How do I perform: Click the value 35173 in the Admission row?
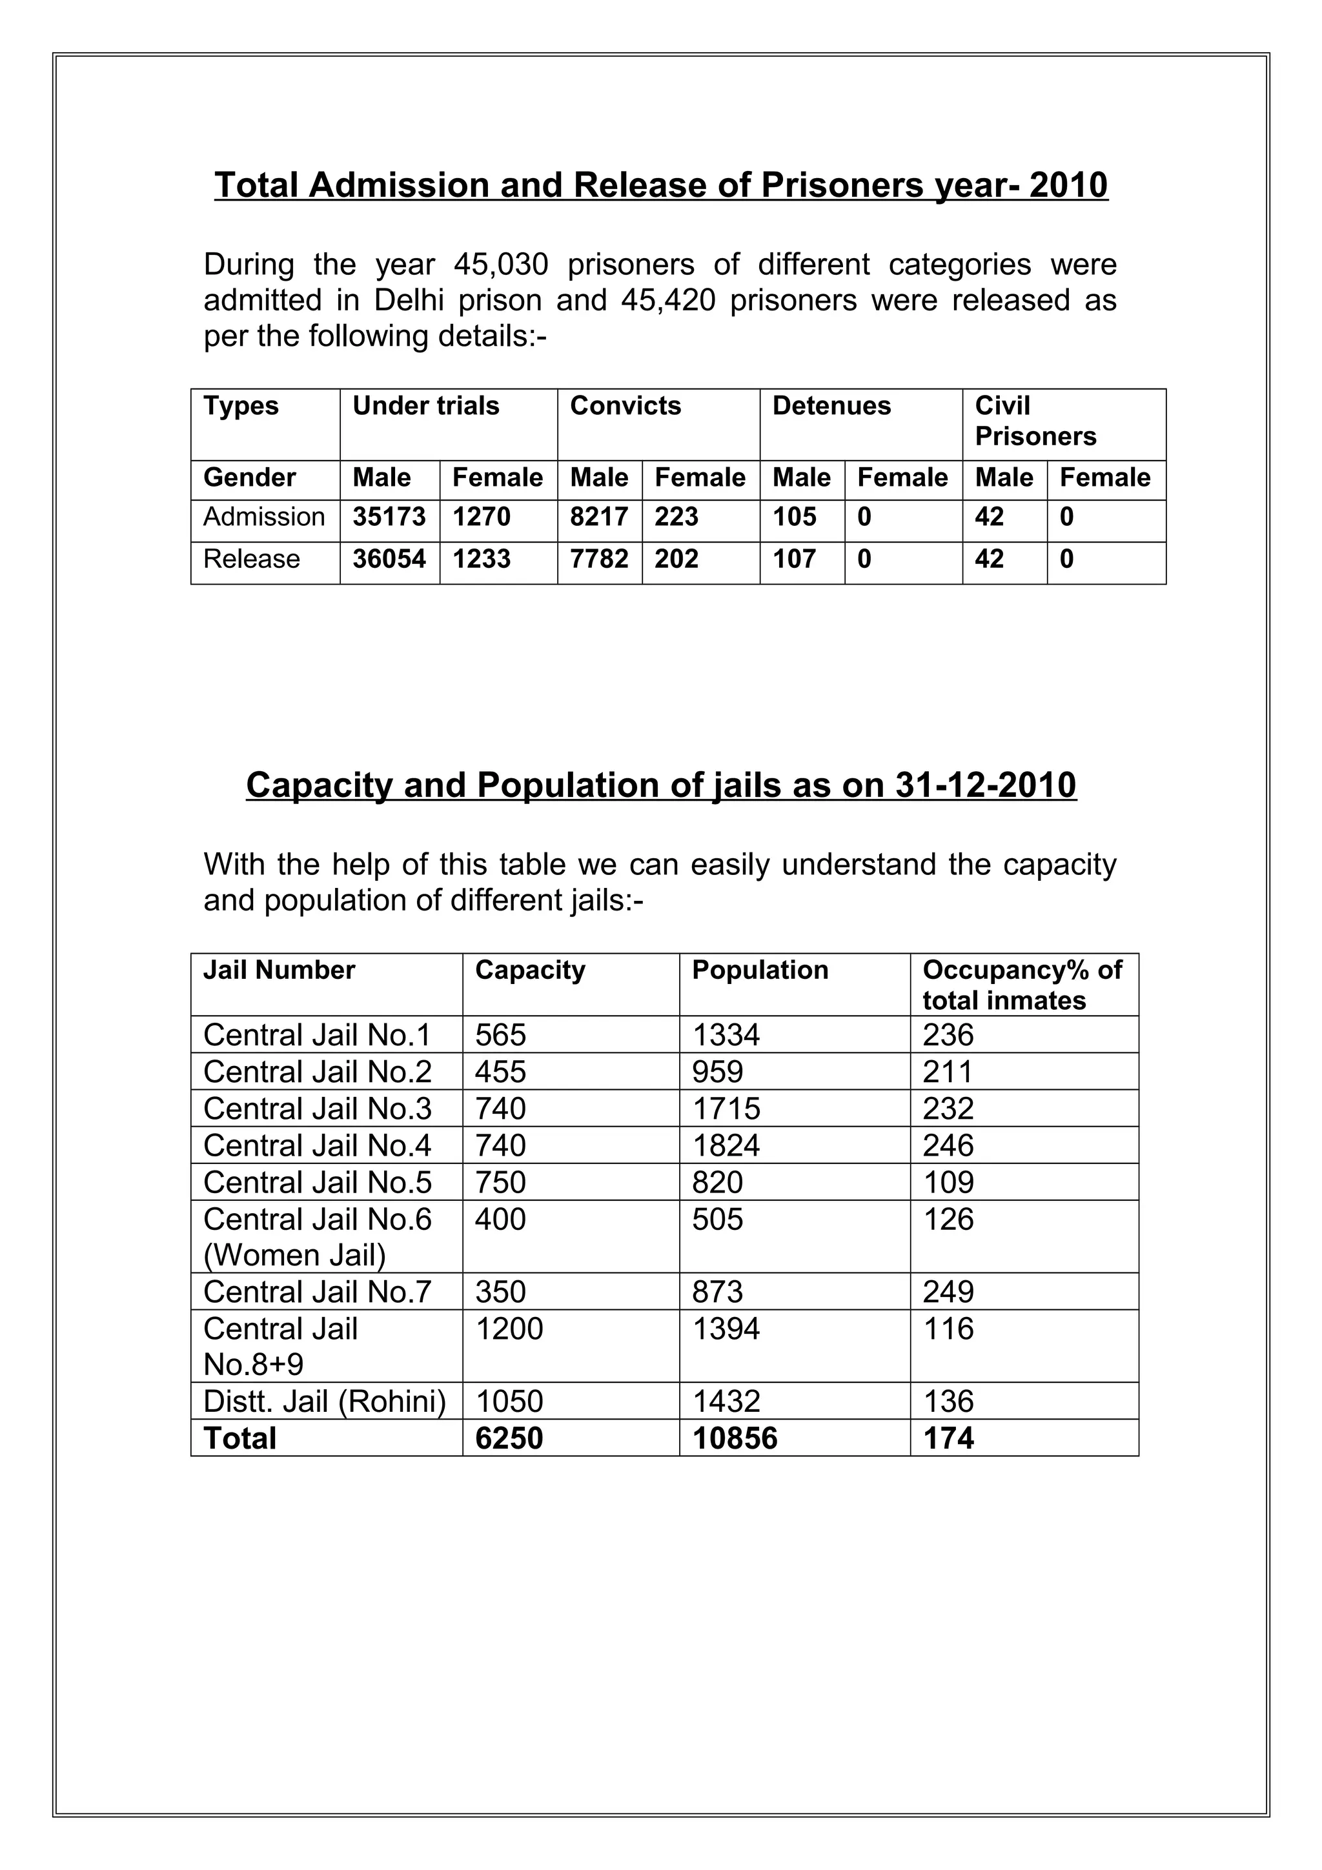click(x=389, y=517)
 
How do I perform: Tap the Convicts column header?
click(x=625, y=407)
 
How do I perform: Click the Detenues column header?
click(x=831, y=407)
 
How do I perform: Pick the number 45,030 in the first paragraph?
click(x=501, y=265)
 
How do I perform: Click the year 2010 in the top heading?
click(x=1068, y=185)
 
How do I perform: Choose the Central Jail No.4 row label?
click(x=317, y=1146)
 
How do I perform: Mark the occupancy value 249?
click(x=948, y=1292)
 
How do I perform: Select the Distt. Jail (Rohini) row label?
click(x=324, y=1402)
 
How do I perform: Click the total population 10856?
click(x=735, y=1438)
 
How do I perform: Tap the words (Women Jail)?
click(x=294, y=1255)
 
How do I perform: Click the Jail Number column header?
click(x=279, y=970)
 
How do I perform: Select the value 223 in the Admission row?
click(x=676, y=517)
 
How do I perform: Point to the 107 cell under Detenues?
click(x=793, y=559)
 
